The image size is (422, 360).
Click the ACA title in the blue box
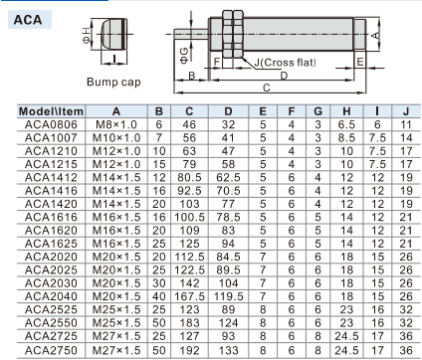tap(28, 20)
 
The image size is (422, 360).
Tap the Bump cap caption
tap(113, 82)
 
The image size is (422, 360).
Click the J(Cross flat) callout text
tap(285, 63)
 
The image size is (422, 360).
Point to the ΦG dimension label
tap(184, 56)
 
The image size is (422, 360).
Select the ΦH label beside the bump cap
tap(87, 36)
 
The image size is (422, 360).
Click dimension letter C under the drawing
tap(267, 88)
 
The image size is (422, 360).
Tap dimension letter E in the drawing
tap(360, 62)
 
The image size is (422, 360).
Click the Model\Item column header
tap(51, 111)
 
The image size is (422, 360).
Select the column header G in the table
tap(317, 111)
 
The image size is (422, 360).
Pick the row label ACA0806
tap(51, 124)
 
